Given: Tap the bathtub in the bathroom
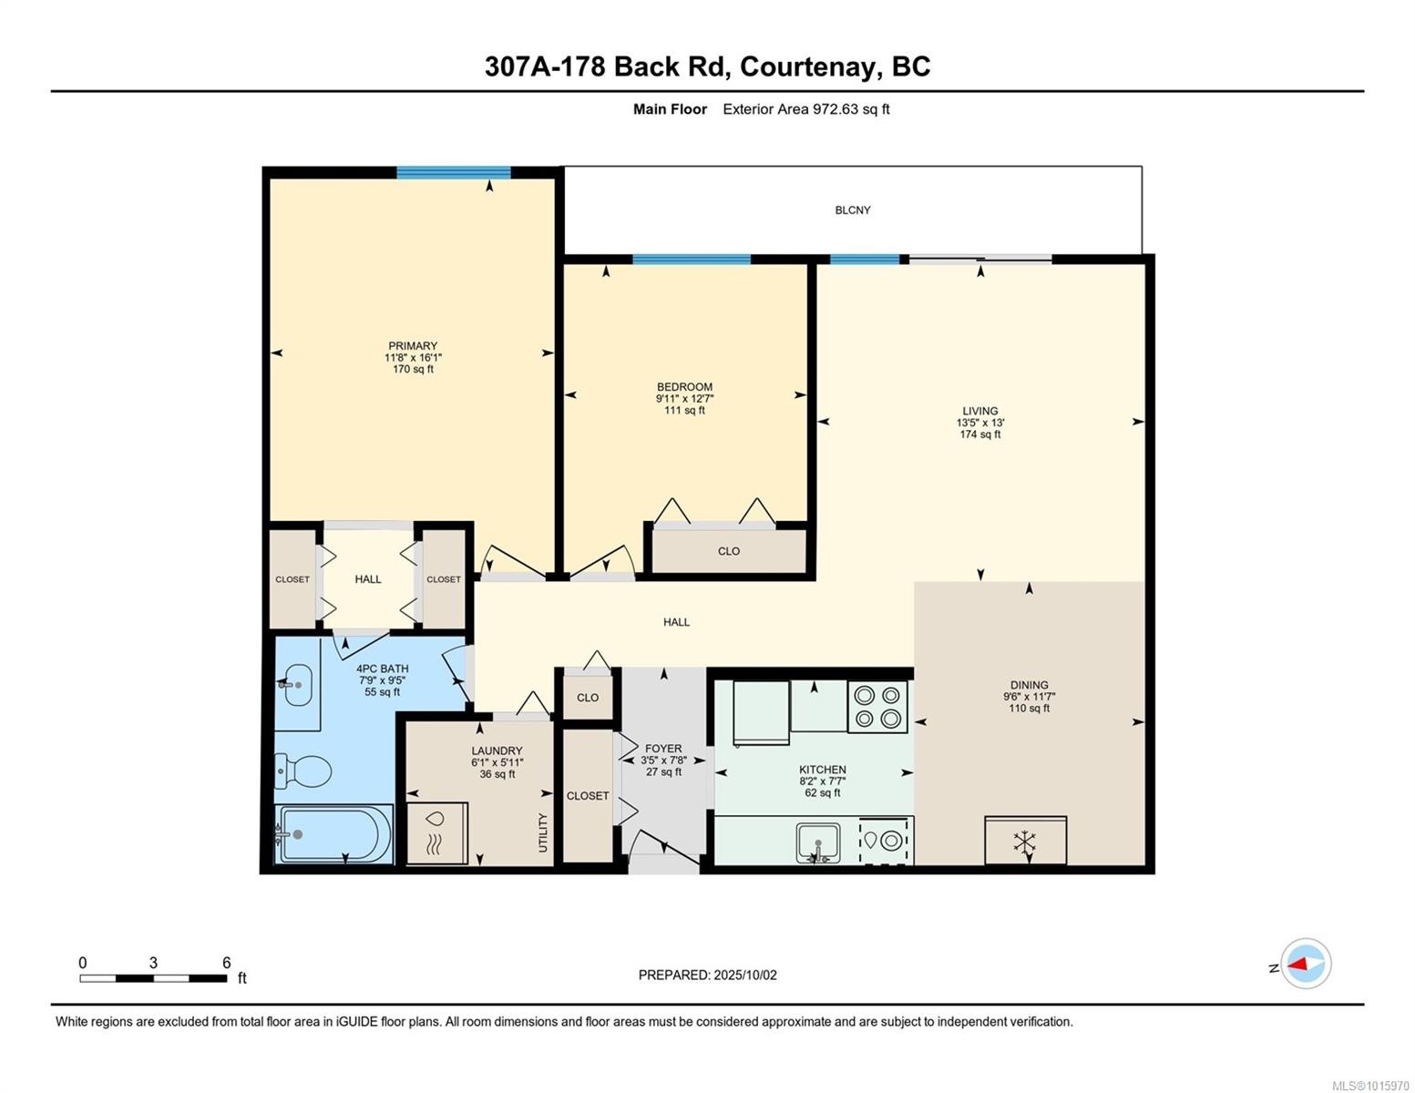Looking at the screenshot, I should click(x=334, y=834).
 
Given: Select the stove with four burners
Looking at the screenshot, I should click(x=877, y=706).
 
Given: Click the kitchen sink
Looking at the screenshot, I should click(x=818, y=841).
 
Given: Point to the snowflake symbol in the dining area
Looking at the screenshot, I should click(x=1025, y=842).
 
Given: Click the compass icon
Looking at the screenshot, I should click(x=1306, y=964).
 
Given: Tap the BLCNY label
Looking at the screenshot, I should click(x=853, y=210).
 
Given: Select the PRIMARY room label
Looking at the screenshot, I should click(x=413, y=346).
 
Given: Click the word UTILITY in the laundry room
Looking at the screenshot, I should click(x=543, y=833).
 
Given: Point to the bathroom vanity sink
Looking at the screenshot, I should click(x=296, y=684).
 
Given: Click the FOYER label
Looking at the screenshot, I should click(x=663, y=749).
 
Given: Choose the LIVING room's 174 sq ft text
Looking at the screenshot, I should click(x=980, y=434).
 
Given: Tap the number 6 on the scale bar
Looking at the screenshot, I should click(x=227, y=963).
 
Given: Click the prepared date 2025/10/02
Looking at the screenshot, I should click(x=745, y=975).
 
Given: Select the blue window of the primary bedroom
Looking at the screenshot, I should click(x=453, y=173).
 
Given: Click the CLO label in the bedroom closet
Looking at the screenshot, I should click(x=729, y=551).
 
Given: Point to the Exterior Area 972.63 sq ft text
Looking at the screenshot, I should click(x=805, y=109).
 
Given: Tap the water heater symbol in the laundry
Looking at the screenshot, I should click(x=436, y=833).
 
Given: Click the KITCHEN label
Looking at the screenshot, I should click(x=823, y=770).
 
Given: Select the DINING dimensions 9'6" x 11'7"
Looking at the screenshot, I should click(x=1029, y=697).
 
